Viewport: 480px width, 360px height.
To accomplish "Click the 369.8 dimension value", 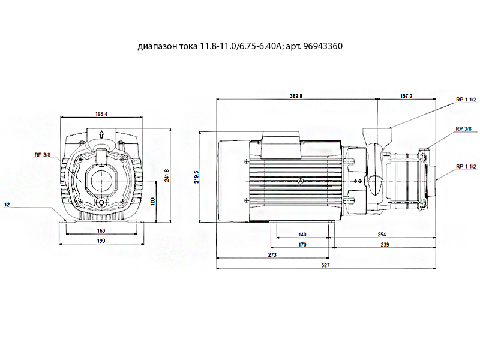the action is tap(296, 96).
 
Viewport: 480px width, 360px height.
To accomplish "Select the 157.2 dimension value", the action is tap(406, 96).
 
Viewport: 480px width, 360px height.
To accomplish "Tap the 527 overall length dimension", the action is tap(325, 265).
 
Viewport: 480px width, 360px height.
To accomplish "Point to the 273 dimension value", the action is tap(272, 254).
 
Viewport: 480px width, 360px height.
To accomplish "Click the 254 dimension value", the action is tap(382, 235).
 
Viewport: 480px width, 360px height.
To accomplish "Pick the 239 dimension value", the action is tap(385, 245).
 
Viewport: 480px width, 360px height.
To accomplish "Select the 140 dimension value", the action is tap(302, 235).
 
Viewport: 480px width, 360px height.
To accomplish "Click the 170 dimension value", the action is tap(302, 245).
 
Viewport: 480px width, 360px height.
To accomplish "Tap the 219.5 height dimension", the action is tap(196, 177).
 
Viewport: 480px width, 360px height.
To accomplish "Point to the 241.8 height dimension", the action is tap(167, 175).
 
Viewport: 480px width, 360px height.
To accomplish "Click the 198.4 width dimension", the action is tap(101, 114).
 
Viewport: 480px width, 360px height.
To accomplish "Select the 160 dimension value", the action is tap(101, 231).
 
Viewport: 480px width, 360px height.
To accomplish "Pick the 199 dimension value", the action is tap(101, 241).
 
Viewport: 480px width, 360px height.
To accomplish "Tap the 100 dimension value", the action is tap(153, 201).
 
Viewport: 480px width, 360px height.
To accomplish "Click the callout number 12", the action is tap(7, 205).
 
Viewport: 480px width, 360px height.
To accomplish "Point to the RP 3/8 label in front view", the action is tap(42, 155).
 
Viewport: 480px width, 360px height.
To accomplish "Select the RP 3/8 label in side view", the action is tap(463, 128).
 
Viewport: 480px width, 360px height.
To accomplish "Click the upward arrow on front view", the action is tap(101, 134).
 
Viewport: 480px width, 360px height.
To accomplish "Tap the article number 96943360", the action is tap(323, 46).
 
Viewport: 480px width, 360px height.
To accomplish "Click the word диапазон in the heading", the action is tap(157, 47).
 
